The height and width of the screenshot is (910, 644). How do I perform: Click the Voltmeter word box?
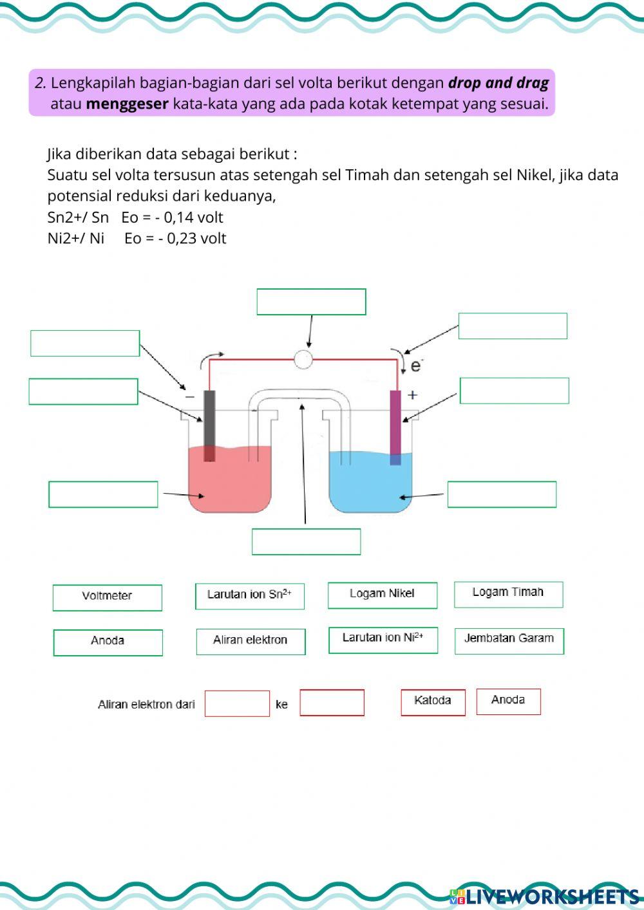[x=107, y=597]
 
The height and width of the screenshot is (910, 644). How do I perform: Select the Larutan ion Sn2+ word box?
[x=250, y=595]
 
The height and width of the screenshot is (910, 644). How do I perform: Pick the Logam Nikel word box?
[x=382, y=594]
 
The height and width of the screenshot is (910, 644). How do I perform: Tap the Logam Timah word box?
[x=508, y=593]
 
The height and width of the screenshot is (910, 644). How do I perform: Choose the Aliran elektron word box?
[x=251, y=640]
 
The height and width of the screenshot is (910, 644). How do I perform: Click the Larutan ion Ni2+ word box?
[x=383, y=639]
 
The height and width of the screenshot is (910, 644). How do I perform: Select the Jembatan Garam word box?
[x=509, y=640]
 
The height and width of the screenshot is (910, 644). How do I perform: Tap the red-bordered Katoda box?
[x=433, y=701]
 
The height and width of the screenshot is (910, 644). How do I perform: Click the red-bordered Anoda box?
[x=508, y=701]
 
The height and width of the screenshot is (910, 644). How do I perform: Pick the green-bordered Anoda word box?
[x=108, y=642]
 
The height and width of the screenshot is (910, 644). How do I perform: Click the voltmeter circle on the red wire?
[x=303, y=359]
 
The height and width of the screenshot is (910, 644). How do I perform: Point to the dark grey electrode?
[x=209, y=425]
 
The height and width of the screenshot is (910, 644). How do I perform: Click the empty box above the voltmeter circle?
[x=311, y=302]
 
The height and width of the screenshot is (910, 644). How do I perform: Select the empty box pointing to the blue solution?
[x=502, y=494]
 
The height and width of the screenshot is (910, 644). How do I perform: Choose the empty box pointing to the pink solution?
[x=103, y=494]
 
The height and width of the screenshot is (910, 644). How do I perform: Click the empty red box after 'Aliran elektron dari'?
[x=237, y=703]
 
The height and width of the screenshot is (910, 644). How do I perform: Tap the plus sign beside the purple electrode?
[x=412, y=395]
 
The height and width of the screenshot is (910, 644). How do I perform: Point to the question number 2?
[x=41, y=83]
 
